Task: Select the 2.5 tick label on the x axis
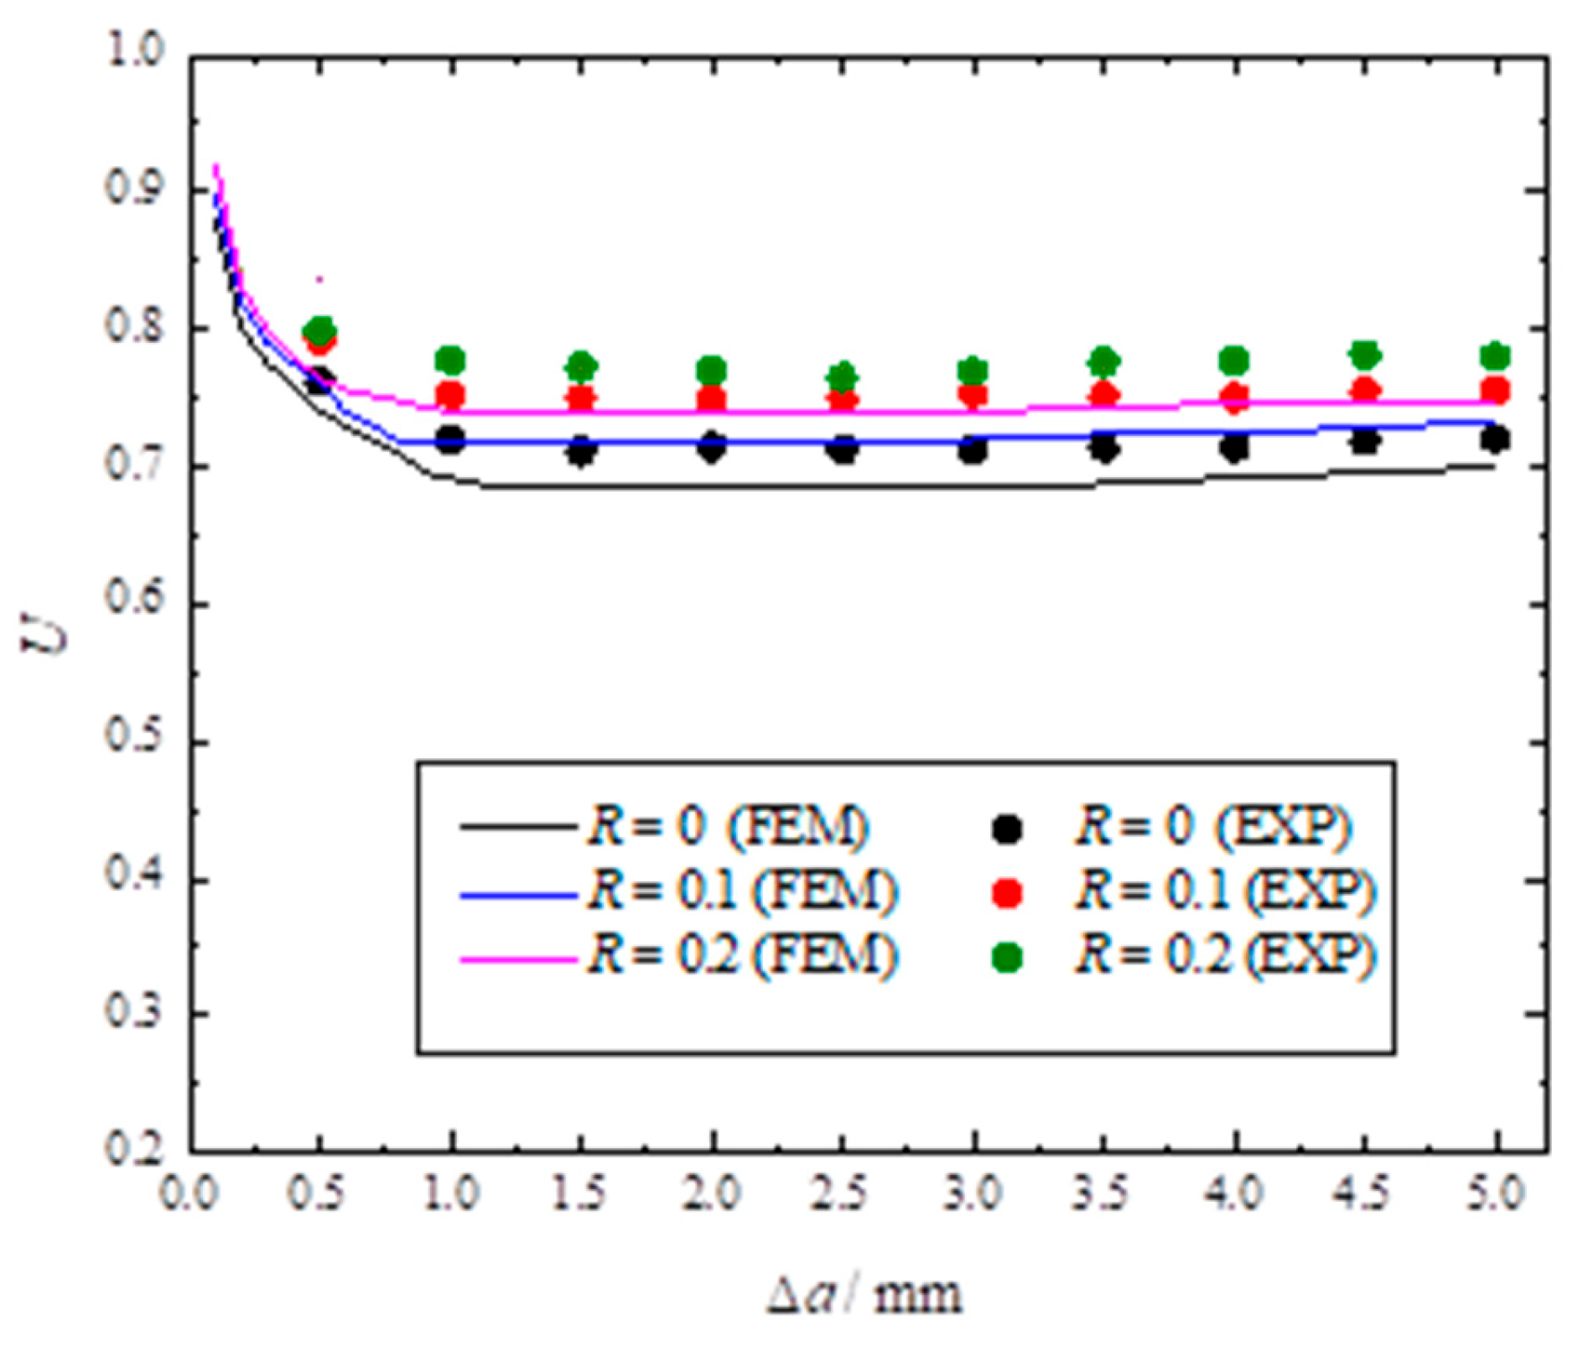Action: pyautogui.click(x=843, y=1192)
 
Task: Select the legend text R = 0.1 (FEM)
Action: pyautogui.click(x=743, y=891)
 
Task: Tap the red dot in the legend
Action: pyautogui.click(x=1006, y=893)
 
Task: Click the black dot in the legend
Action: pyautogui.click(x=1006, y=829)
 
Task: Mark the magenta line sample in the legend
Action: pyautogui.click(x=517, y=958)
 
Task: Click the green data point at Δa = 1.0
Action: pyautogui.click(x=451, y=361)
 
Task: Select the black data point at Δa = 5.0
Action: pyautogui.click(x=1496, y=439)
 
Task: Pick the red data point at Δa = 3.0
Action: pyautogui.click(x=973, y=394)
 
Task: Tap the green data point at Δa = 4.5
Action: pyautogui.click(x=1365, y=355)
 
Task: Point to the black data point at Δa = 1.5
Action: pyautogui.click(x=581, y=452)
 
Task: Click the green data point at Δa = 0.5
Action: pyautogui.click(x=319, y=330)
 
